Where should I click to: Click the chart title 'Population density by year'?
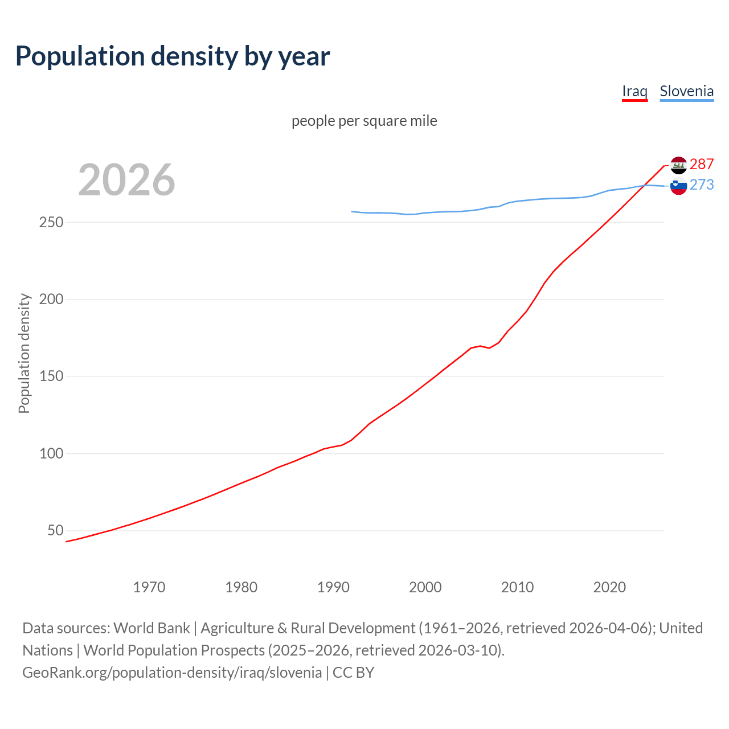pyautogui.click(x=173, y=56)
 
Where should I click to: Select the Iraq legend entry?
pyautogui.click(x=634, y=91)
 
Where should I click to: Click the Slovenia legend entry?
pyautogui.click(x=686, y=91)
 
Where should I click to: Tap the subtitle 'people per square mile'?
pyautogui.click(x=364, y=121)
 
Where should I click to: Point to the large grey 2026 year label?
pyautogui.click(x=126, y=180)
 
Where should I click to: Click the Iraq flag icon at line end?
pyautogui.click(x=678, y=165)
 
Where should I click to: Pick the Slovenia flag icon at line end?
pyautogui.click(x=678, y=186)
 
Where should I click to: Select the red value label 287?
pyautogui.click(x=702, y=165)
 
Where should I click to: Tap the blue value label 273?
pyautogui.click(x=702, y=185)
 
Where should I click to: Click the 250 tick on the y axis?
pyautogui.click(x=51, y=222)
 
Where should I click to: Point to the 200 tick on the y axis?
pyautogui.click(x=51, y=299)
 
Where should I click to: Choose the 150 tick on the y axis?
pyautogui.click(x=51, y=376)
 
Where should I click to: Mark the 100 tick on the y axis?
pyautogui.click(x=51, y=454)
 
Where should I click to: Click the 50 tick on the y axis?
pyautogui.click(x=55, y=531)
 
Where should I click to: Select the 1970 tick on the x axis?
pyautogui.click(x=149, y=587)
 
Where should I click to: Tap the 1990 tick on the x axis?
pyautogui.click(x=333, y=587)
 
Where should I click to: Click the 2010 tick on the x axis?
pyautogui.click(x=517, y=587)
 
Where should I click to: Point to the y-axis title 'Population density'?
pyautogui.click(x=24, y=353)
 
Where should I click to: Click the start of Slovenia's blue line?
pyautogui.click(x=353, y=211)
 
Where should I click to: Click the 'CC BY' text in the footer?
pyautogui.click(x=353, y=673)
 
